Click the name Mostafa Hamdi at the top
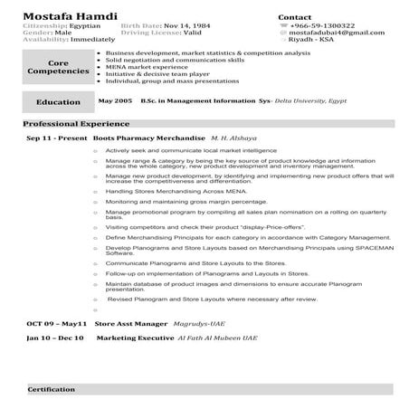[x=62, y=15]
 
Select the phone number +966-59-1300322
[x=323, y=26]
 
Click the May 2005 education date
[x=115, y=101]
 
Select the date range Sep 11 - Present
[x=56, y=138]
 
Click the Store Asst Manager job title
[x=132, y=323]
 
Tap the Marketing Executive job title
[x=135, y=337]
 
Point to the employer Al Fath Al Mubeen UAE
[x=217, y=337]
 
